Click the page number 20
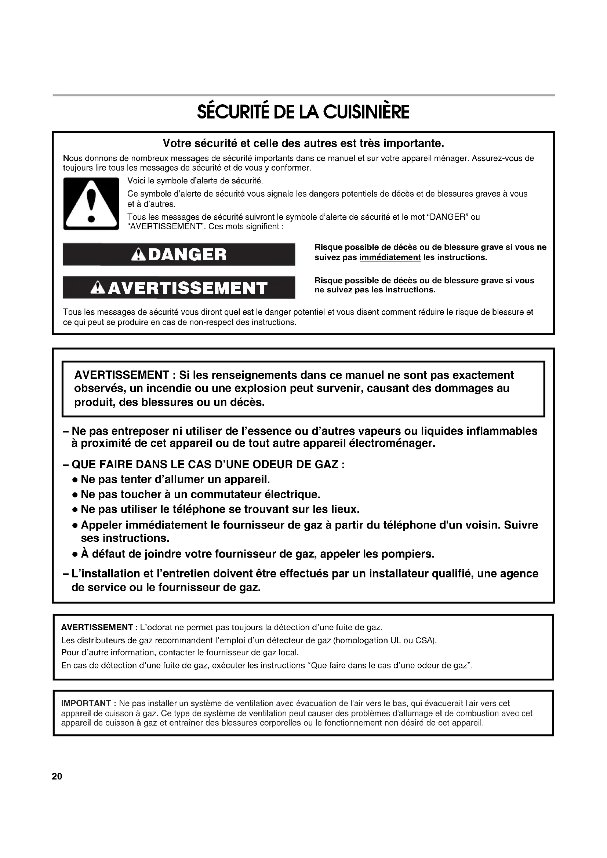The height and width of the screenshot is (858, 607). tap(57, 776)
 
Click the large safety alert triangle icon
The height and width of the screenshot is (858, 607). tap(91, 204)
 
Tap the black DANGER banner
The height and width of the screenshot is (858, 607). tap(179, 255)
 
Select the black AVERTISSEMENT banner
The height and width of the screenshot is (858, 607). tap(179, 287)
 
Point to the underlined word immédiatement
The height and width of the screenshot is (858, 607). tap(390, 258)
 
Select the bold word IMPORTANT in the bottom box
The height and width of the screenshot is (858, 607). tap(86, 704)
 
